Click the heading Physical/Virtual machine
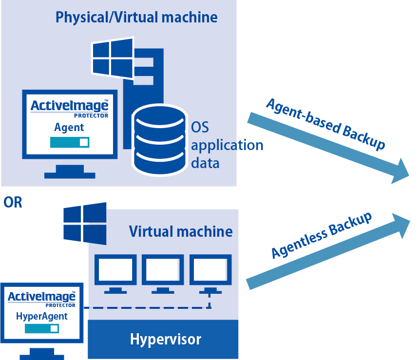click(136, 18)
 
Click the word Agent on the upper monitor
click(69, 127)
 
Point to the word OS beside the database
click(200, 128)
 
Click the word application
click(227, 145)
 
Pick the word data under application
click(205, 163)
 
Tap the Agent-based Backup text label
click(325, 124)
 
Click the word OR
click(13, 202)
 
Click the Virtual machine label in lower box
click(181, 231)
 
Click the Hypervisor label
click(165, 339)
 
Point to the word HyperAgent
click(42, 316)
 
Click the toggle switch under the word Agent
click(70, 142)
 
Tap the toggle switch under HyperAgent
click(42, 329)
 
